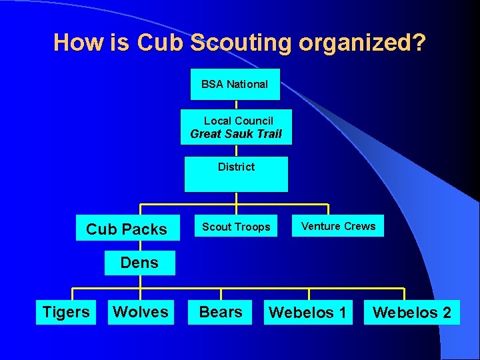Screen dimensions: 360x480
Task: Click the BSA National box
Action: [235, 84]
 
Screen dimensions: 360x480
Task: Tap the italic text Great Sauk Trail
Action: [236, 134]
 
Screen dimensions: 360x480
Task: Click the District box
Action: [236, 173]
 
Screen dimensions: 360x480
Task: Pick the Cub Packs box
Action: [127, 228]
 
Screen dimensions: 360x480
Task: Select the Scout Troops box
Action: [236, 227]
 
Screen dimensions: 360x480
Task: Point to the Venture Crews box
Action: [338, 227]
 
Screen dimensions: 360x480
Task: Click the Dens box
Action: [139, 263]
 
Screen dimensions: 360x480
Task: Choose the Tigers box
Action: [65, 312]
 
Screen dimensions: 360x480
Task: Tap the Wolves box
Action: [141, 312]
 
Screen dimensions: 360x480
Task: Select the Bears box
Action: [221, 312]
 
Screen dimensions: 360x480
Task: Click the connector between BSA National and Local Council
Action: [236, 105]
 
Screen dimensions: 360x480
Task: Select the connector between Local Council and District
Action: [236, 151]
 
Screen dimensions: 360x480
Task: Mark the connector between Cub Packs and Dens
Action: [140, 245]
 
